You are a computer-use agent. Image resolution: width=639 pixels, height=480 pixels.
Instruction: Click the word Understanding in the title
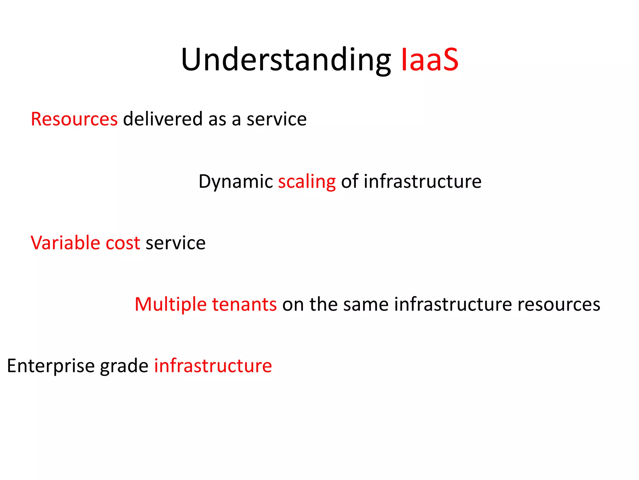(x=285, y=60)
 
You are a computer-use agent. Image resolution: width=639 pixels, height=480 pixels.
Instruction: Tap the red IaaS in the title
(x=429, y=60)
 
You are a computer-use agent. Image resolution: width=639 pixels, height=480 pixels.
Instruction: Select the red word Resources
(x=74, y=119)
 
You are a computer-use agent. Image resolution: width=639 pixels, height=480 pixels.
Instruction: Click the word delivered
(x=163, y=119)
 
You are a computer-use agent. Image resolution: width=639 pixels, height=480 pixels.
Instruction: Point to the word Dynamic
(x=236, y=181)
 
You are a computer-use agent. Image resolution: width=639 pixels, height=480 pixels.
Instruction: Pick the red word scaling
(x=307, y=182)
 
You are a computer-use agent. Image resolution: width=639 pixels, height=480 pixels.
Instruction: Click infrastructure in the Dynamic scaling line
(x=422, y=181)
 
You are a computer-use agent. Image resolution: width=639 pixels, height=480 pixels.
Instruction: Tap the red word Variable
(x=65, y=243)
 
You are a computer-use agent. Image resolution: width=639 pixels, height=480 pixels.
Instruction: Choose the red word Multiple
(x=171, y=304)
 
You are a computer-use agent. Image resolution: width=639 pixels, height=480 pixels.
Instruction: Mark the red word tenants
(x=244, y=304)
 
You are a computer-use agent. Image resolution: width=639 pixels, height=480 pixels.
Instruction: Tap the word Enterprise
(x=51, y=366)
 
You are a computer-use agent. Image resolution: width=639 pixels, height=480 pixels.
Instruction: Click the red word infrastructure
(x=213, y=366)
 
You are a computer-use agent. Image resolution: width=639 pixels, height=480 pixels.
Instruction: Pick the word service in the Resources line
(x=276, y=119)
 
